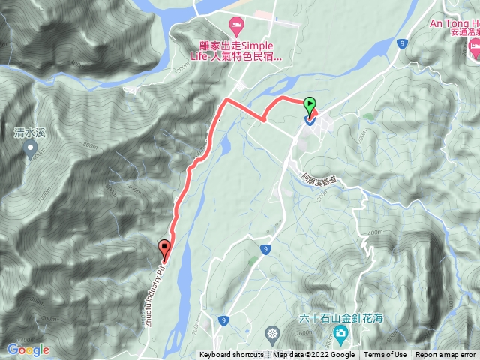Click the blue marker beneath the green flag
309,118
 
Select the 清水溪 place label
31,133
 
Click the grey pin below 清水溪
31,150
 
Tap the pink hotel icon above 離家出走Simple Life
236,28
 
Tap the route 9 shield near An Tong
403,44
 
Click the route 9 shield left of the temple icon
224,320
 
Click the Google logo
28,349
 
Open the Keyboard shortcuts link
231,355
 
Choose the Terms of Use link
385,355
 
